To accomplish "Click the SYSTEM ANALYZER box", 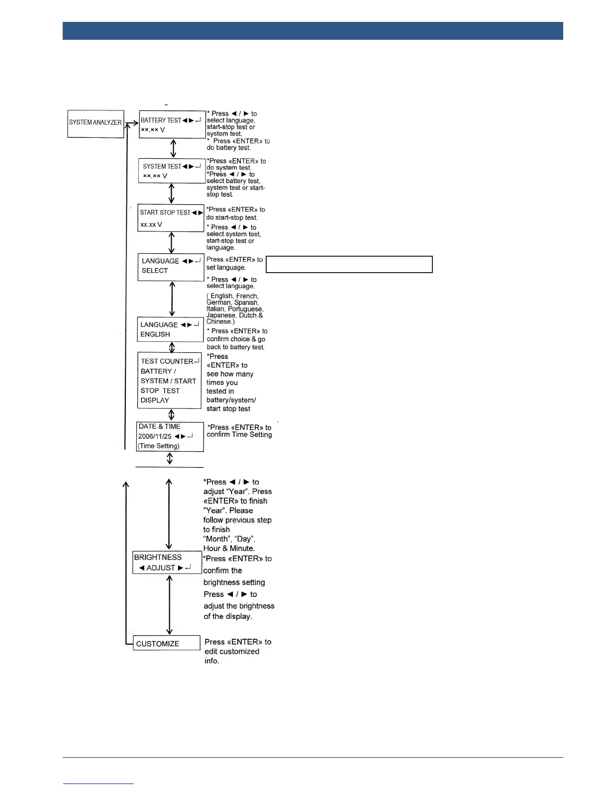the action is coord(96,124).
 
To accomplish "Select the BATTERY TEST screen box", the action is coord(172,124).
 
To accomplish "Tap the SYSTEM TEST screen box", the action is coord(172,171).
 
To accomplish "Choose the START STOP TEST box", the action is coord(171,218).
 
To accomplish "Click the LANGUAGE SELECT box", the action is coord(171,267).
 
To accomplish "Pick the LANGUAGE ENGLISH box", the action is coord(171,329).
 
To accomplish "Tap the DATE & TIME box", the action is coord(170,436).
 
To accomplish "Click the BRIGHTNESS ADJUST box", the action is coord(167,563).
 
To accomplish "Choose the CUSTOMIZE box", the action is coord(167,643).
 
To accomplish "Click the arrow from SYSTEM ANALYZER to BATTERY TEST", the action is coord(131,123).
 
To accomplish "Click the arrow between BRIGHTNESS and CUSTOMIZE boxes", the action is coord(170,604).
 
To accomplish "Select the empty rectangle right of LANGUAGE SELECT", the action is coord(349,265).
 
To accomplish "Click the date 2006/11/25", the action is coord(155,436).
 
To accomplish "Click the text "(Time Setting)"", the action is coord(159,446).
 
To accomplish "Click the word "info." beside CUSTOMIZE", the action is coord(212,661).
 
